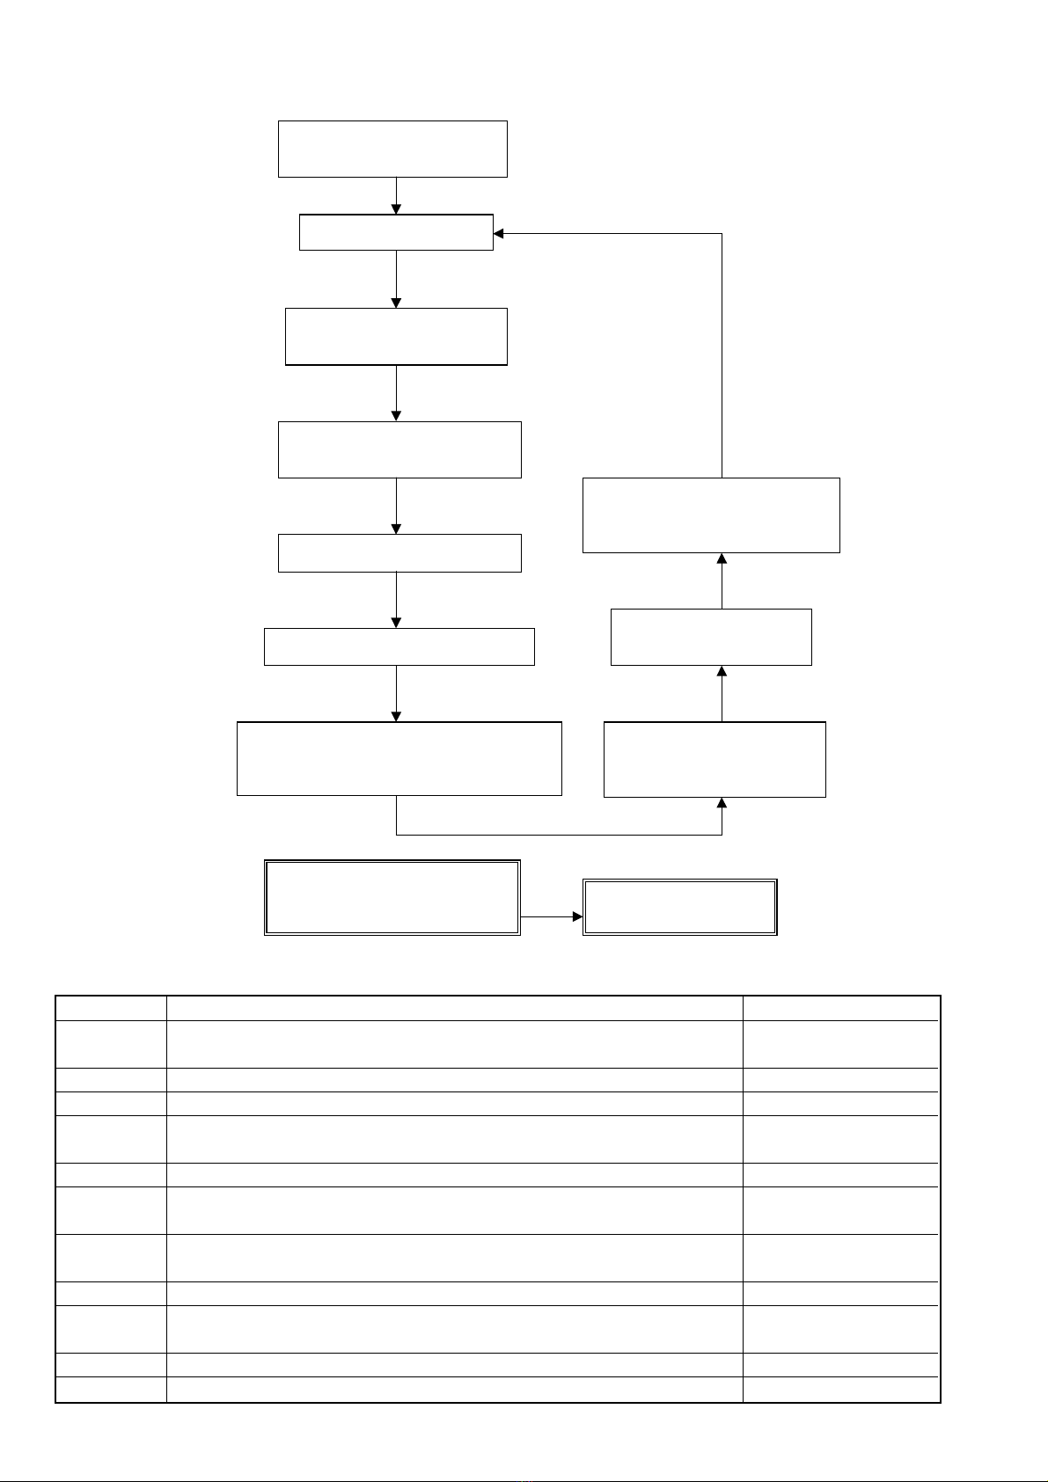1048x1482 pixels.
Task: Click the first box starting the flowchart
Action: coord(392,149)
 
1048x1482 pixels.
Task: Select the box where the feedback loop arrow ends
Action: coord(396,232)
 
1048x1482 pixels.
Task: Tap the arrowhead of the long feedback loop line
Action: coord(499,233)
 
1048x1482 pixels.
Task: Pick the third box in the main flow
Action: coord(396,336)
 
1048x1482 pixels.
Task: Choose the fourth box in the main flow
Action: coord(399,449)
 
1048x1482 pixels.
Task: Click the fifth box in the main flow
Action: coord(399,552)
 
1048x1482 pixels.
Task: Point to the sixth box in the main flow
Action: coord(399,646)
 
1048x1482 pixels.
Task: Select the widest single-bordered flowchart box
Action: coord(399,758)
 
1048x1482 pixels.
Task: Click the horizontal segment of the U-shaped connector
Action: coord(559,834)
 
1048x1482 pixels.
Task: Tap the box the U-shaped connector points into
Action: coord(715,759)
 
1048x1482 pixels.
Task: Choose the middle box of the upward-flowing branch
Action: coord(711,637)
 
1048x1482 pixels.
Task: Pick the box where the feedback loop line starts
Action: coord(711,515)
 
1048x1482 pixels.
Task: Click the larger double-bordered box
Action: coord(392,897)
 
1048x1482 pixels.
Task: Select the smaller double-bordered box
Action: coord(680,907)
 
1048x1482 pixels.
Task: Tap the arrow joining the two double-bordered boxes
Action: coord(552,916)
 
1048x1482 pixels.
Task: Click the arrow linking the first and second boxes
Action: coord(396,196)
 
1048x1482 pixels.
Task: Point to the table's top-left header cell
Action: coord(111,1008)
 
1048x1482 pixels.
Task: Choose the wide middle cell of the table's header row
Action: coord(455,1008)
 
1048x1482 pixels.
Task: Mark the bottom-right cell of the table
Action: coord(841,1389)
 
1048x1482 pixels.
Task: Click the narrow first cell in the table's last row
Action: coord(111,1389)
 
